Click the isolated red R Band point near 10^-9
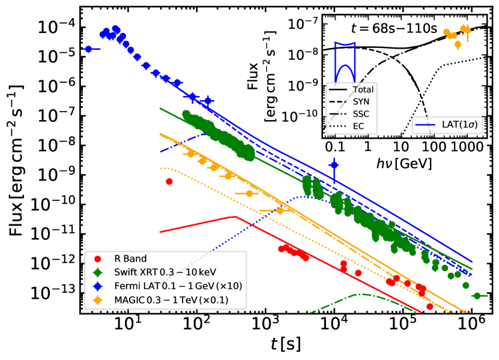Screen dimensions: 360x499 [x=169, y=181]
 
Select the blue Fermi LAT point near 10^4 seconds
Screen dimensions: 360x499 [x=334, y=165]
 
